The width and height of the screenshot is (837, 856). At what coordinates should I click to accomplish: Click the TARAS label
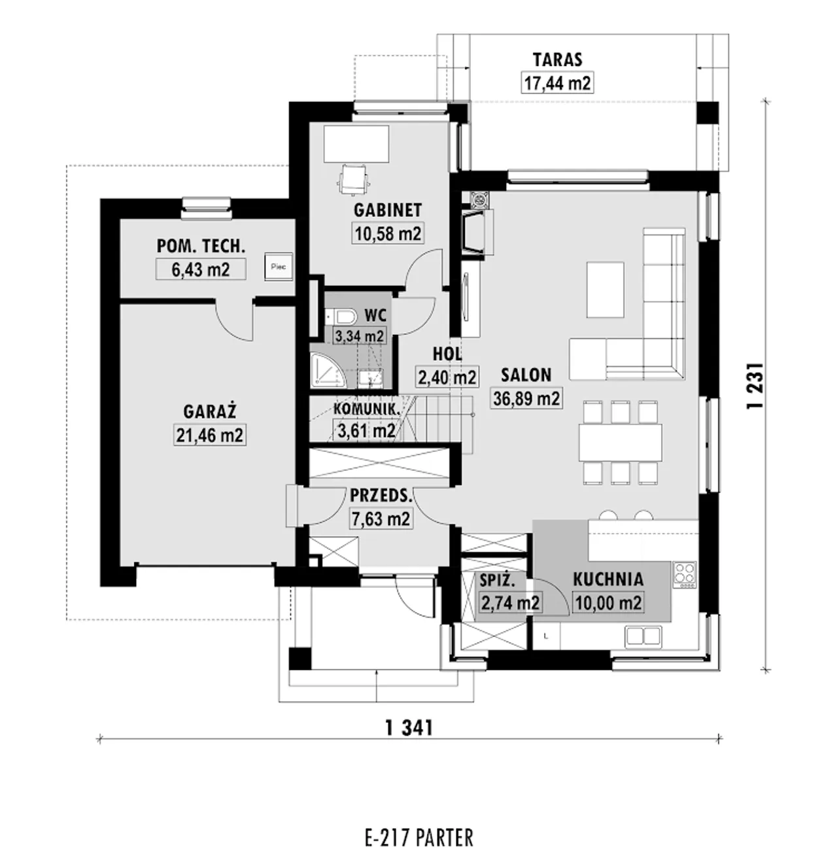point(557,60)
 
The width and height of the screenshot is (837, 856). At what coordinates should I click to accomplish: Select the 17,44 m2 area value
point(557,82)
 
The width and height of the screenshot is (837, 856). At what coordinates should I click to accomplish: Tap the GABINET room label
point(388,211)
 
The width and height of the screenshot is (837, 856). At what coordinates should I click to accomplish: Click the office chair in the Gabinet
point(354,179)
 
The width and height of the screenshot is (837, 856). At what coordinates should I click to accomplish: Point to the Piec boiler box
point(279,267)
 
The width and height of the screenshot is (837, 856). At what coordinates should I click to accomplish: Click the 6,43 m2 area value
point(201,269)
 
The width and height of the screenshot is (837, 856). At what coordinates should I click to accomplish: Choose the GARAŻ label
point(210,411)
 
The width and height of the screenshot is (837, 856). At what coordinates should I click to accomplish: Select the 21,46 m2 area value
point(210,435)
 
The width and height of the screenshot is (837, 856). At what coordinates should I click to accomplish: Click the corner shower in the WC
point(328,371)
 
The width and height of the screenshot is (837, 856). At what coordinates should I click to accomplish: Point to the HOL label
point(447,354)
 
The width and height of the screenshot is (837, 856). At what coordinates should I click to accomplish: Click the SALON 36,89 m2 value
point(526,398)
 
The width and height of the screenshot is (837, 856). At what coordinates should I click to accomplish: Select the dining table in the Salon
point(620,442)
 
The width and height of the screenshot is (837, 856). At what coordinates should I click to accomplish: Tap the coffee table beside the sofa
point(606,290)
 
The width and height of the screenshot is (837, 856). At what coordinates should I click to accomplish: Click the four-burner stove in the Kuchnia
point(685,574)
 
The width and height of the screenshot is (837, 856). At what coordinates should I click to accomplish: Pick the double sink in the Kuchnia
point(643,636)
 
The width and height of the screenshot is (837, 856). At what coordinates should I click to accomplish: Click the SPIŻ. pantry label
point(497,580)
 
